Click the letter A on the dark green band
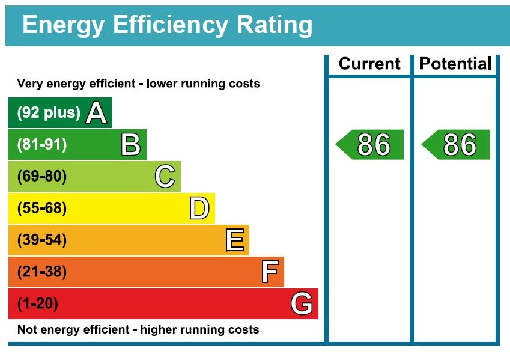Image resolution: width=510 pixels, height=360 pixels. click(96, 113)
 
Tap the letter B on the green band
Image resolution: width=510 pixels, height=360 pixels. click(130, 145)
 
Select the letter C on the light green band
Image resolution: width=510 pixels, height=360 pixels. click(165, 177)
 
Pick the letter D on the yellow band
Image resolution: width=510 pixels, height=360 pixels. click(199, 209)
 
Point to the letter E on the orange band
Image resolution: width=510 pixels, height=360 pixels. click(234, 240)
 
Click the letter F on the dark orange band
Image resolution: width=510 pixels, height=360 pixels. click(270, 272)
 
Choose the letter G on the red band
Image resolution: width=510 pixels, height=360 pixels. click(302, 304)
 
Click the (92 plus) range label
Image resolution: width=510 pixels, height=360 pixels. click(49, 113)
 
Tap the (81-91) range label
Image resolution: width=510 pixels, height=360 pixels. click(42, 145)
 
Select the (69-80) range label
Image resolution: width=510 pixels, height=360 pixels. click(42, 177)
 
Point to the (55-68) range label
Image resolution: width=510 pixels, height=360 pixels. click(42, 209)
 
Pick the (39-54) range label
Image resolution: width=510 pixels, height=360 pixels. click(42, 240)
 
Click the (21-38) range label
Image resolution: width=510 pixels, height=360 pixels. click(42, 272)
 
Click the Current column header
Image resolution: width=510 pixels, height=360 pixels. click(369, 64)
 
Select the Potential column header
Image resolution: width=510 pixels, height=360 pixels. click(455, 64)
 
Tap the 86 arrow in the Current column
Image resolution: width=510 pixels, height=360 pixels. click(371, 145)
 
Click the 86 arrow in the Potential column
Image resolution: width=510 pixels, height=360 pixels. click(457, 145)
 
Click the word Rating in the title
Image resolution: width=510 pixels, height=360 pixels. click(275, 25)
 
